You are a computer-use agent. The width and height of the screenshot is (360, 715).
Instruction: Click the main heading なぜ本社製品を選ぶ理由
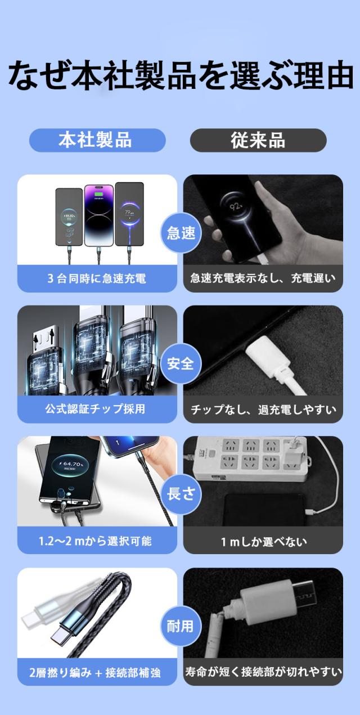point(181,76)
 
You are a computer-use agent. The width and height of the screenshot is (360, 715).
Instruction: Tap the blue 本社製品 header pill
point(97,140)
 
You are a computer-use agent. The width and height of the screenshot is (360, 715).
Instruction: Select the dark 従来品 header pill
point(258,140)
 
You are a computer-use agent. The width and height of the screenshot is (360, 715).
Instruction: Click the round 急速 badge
point(181,233)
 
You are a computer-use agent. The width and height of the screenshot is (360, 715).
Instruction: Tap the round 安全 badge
point(181,363)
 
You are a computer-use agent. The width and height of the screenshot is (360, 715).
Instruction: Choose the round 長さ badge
point(181,494)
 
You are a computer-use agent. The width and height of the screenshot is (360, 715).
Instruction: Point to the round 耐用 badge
point(181,626)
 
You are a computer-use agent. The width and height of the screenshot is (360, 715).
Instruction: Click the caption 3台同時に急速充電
point(97,278)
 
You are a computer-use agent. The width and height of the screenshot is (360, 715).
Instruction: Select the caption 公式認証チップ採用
point(95,409)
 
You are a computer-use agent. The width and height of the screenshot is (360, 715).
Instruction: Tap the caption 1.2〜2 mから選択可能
point(95,541)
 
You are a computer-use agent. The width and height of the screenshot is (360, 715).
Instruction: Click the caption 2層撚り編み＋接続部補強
point(95,673)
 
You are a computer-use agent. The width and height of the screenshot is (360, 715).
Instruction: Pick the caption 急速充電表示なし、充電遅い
point(263,278)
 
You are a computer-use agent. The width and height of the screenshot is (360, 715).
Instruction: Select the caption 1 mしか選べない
point(264,542)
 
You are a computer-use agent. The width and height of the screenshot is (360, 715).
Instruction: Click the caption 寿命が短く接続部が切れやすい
point(263,672)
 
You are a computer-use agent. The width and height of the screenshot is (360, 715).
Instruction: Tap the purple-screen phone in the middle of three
point(98,215)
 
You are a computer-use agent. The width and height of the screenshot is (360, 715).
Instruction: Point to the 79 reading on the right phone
point(129,212)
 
